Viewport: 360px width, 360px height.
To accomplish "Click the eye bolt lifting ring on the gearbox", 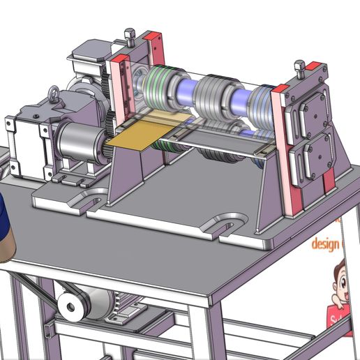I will pyautogui.click(x=52, y=92).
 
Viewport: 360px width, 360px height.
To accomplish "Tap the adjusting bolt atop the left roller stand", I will pyautogui.click(x=128, y=33).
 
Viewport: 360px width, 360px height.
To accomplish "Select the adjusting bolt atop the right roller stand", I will pyautogui.click(x=300, y=67).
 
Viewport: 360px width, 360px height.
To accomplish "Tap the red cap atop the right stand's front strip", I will pyautogui.click(x=280, y=89).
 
